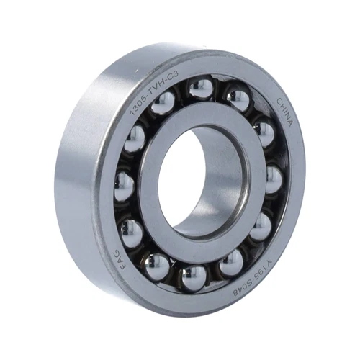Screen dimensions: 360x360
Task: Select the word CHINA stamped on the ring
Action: coord(285,112)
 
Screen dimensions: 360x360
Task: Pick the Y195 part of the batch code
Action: coord(265,272)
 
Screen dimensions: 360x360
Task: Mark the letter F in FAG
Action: coord(122,267)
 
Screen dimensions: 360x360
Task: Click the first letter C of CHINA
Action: coord(280,102)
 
